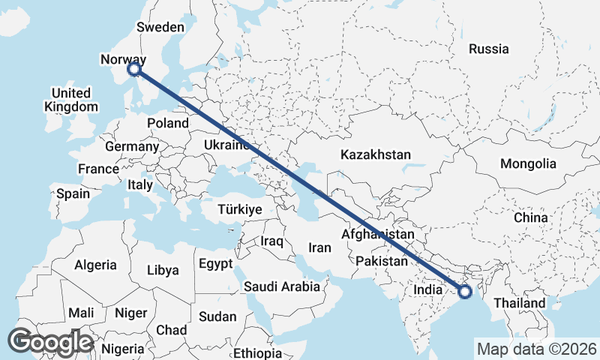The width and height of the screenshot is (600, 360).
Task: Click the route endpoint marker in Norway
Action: pos(134,69)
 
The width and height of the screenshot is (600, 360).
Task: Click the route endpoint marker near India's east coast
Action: pos(464,291)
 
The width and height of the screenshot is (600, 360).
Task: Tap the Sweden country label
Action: pos(160,27)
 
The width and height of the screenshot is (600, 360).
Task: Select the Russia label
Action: pos(488,49)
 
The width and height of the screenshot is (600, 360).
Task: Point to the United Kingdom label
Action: pos(70,100)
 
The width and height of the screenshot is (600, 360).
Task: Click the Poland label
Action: pos(168,123)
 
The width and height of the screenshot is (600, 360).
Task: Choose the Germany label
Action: pos(132,146)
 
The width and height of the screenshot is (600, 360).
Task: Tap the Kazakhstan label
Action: pos(375,154)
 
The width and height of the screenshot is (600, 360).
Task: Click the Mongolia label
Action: pos(529,163)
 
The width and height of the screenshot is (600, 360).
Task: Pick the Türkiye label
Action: pos(239,209)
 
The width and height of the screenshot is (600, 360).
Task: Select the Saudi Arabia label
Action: pos(282,286)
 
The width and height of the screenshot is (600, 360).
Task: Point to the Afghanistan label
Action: pos(377,234)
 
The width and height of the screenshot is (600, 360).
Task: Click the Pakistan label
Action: pos(382,261)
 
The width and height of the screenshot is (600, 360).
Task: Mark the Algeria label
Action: pos(95,265)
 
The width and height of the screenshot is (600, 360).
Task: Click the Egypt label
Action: pos(217,264)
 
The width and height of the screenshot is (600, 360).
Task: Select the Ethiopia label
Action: pos(256,352)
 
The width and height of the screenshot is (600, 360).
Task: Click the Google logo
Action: pos(50,342)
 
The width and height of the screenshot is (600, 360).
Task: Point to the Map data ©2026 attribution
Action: pos(536,349)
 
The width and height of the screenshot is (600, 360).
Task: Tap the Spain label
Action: pos(73,193)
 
